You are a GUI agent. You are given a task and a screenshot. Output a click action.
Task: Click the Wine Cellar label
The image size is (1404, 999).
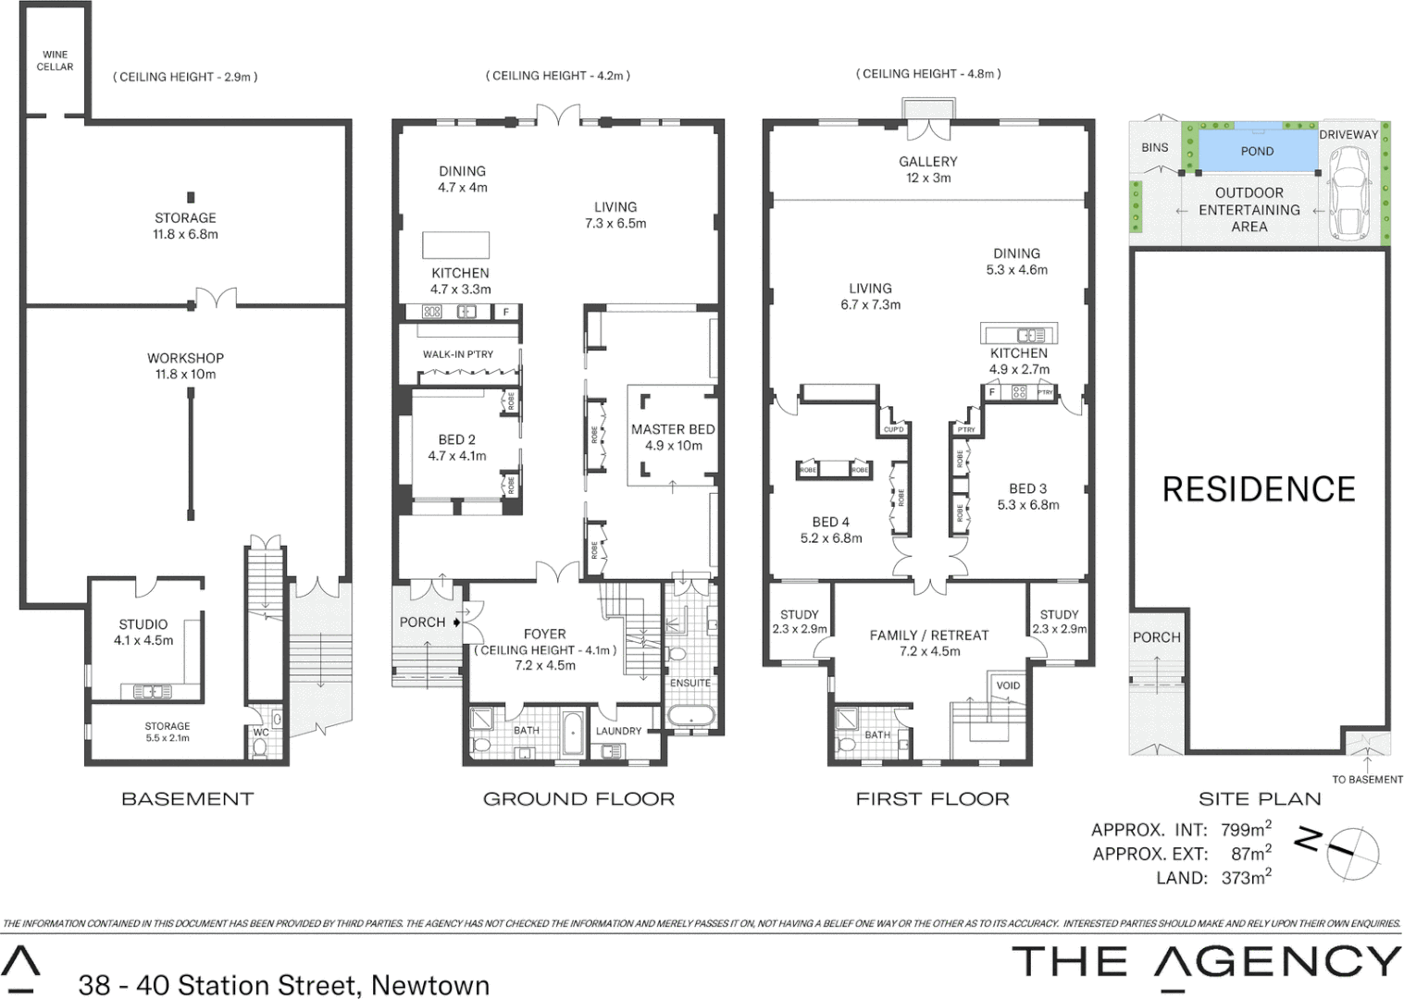point(55,61)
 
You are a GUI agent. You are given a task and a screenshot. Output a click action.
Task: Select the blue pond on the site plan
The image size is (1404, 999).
point(1257,151)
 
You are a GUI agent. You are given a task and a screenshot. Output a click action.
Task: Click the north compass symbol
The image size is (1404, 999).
point(1351,852)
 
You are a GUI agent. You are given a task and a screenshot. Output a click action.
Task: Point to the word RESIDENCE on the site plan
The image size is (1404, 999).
point(1258,489)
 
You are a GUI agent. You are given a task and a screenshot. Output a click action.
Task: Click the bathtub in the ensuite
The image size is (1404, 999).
point(690,716)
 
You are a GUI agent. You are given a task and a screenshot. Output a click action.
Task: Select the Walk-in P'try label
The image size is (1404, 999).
point(457,354)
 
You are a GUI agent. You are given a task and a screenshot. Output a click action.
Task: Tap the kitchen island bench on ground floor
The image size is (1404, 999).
point(455,244)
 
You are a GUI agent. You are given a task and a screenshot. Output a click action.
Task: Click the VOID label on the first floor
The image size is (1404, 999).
point(1008,685)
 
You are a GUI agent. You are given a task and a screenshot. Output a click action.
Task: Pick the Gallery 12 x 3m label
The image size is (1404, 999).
point(927,169)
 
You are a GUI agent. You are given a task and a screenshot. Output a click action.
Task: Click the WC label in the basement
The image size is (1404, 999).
point(261,733)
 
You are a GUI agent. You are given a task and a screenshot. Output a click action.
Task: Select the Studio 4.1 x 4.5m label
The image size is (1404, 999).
point(143,632)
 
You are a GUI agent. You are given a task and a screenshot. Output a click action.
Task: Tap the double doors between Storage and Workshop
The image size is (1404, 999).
point(216,299)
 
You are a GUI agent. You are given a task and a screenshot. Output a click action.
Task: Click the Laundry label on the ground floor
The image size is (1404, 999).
point(618,731)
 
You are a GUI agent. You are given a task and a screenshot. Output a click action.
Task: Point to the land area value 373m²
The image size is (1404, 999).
point(1246,878)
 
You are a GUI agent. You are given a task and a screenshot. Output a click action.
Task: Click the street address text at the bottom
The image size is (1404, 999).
point(284,984)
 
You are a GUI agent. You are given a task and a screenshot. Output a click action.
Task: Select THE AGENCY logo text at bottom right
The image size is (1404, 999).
point(1206,962)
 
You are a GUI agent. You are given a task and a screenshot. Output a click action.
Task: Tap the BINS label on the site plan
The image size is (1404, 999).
point(1154,147)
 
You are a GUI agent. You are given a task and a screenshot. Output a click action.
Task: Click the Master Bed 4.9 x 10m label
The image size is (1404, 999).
point(673,437)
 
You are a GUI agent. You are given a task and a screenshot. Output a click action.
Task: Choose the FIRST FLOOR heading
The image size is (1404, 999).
point(932,799)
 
